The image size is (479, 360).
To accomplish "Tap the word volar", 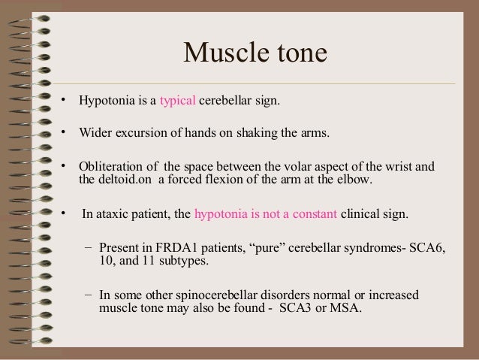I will [x=299, y=166].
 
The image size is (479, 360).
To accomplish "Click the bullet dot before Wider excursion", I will [x=65, y=133].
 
